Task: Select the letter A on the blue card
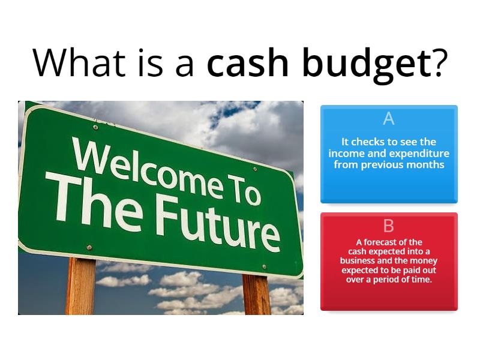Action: pyautogui.click(x=389, y=119)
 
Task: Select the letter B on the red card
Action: pyautogui.click(x=389, y=226)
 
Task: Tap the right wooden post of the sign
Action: pyautogui.click(x=256, y=294)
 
